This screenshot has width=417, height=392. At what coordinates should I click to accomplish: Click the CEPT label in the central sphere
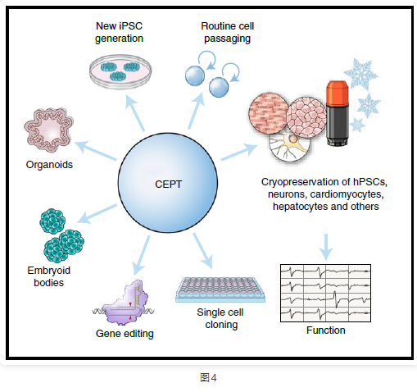coord(168,185)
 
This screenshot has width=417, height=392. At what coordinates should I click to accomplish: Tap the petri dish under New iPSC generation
coord(120,71)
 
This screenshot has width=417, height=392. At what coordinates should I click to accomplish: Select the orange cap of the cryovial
coord(338,93)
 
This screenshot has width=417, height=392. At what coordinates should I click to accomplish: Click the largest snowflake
coord(360,74)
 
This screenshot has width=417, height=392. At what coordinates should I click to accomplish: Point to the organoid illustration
coord(49,130)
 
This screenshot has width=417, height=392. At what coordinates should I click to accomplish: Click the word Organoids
coord(49,165)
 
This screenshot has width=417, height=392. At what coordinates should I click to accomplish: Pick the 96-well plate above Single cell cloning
coord(220,289)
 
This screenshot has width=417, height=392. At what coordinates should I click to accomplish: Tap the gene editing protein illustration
coord(124,303)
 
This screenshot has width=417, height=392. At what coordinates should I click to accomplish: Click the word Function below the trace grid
coord(326,330)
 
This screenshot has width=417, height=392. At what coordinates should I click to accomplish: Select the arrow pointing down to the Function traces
coord(326,247)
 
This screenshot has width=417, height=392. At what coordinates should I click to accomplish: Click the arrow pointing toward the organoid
coord(95,150)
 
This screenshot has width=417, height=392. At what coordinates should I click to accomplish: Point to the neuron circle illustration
coord(289,146)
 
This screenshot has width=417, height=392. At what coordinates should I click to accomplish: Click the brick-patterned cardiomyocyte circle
coord(269,113)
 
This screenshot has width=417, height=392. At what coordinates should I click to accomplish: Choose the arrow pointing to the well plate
coord(202,251)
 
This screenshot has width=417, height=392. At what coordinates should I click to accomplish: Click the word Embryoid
coord(49,271)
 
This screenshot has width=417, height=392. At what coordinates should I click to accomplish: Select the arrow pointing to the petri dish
coord(135,113)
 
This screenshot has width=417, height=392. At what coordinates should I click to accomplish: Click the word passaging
coord(227,39)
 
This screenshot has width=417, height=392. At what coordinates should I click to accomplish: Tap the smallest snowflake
coord(358,125)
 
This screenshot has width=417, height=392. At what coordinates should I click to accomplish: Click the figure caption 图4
coord(208,378)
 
